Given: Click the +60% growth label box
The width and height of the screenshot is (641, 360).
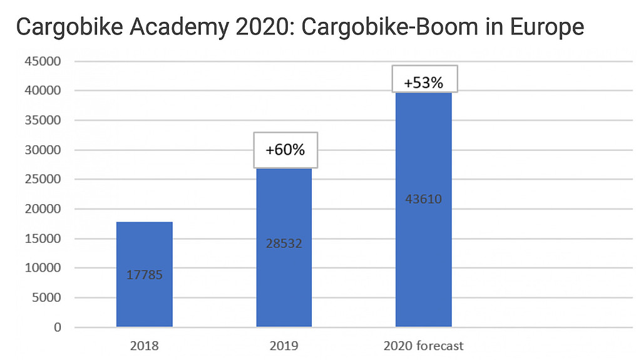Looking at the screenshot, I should click(285, 150).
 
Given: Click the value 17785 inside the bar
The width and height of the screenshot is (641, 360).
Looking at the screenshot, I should click(144, 274).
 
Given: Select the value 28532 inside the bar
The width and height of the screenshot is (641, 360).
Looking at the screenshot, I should click(284, 244).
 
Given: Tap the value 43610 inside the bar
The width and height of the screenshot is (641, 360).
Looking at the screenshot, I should click(423, 200).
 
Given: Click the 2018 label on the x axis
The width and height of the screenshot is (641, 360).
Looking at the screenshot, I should click(144, 346).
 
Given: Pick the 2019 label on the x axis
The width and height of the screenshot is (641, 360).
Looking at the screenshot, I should click(284, 346).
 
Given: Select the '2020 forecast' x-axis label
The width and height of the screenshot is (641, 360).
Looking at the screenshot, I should click(423, 346).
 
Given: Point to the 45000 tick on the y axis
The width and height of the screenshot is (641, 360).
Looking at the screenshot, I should click(43, 61).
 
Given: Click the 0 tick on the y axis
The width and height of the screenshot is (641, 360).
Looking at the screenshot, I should click(58, 327).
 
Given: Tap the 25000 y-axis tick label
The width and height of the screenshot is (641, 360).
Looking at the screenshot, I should click(43, 180).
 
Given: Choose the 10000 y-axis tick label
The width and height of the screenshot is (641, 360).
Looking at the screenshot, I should click(43, 268).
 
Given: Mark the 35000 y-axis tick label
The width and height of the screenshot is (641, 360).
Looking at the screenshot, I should click(43, 120).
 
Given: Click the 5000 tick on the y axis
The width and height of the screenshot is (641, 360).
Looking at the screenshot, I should click(46, 298).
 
